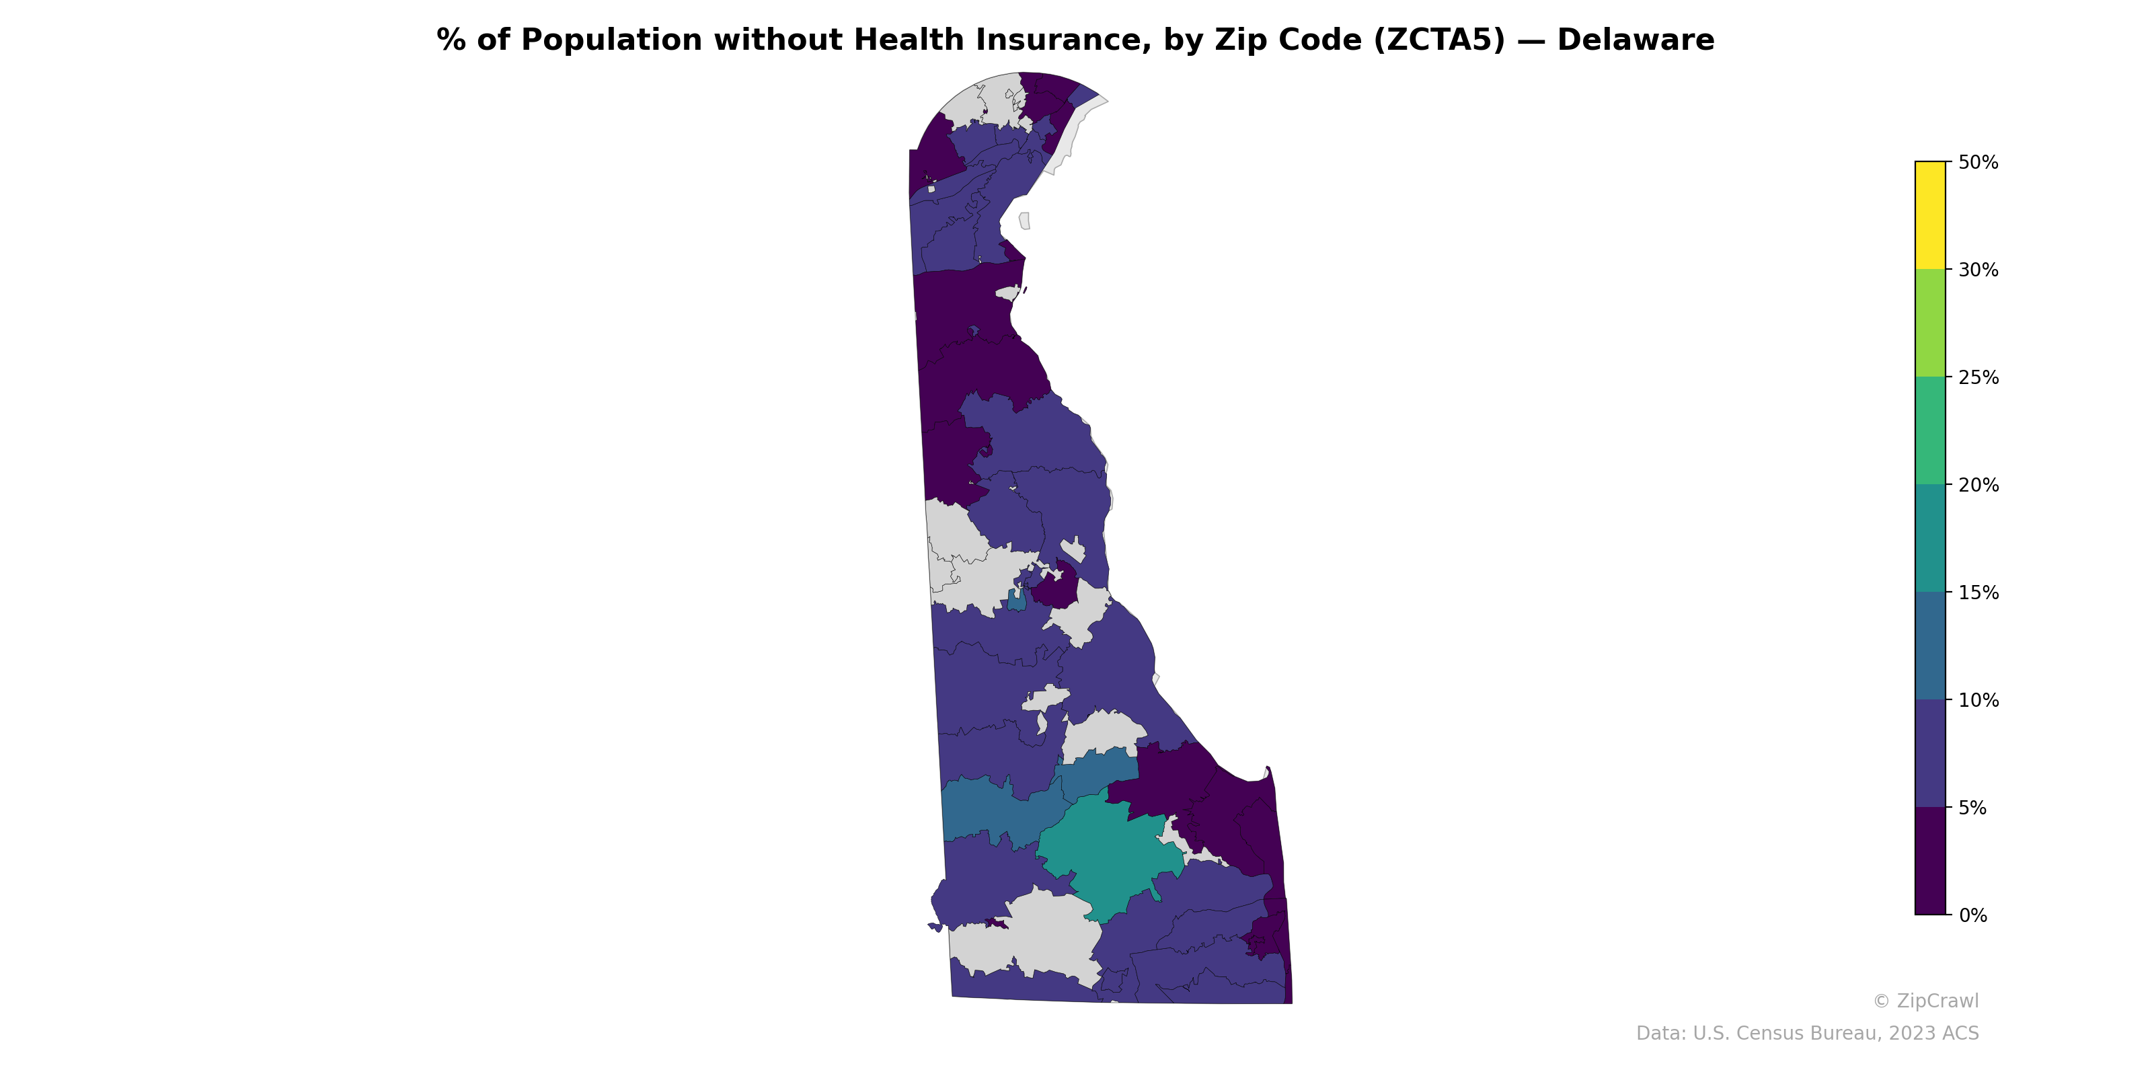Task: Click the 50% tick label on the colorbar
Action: (1978, 162)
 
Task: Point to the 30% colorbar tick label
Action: (1978, 270)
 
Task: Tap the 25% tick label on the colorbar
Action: (1978, 377)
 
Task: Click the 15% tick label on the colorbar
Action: (1978, 593)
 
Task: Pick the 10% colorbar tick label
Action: (1978, 701)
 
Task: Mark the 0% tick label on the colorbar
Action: (1972, 915)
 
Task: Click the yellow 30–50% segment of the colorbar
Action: (1930, 215)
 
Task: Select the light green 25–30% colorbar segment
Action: (1930, 323)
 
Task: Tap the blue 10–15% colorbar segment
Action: (1930, 646)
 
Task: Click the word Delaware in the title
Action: (1635, 40)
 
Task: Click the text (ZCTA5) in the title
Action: (1439, 40)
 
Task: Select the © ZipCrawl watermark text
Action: (1925, 1001)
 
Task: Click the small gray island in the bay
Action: (1024, 221)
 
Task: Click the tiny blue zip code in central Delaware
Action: (1017, 600)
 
